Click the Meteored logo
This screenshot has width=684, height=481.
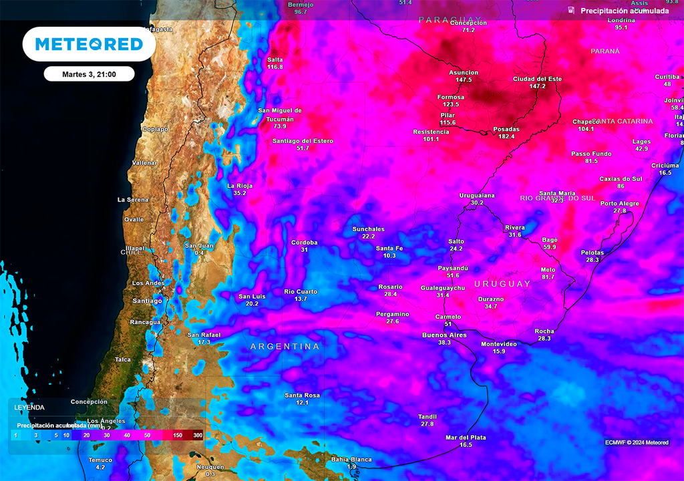[89, 44]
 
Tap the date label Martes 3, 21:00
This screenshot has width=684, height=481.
[89, 74]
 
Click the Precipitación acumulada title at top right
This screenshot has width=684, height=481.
[624, 11]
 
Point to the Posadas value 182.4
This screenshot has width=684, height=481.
[506, 136]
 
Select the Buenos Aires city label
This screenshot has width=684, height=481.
[444, 335]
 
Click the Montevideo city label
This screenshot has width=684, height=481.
[498, 344]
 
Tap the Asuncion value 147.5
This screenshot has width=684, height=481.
[464, 79]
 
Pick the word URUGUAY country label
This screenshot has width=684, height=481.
[502, 284]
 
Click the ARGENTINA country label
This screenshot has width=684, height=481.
[285, 347]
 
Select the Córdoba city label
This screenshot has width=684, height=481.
[304, 243]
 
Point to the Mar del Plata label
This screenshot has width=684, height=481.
[466, 438]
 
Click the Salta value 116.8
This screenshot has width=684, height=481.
[275, 67]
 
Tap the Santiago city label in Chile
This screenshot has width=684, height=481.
[147, 301]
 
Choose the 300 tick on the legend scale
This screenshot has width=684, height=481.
[198, 435]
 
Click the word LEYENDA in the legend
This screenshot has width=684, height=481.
[29, 407]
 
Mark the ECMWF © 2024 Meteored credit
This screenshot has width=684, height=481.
[636, 442]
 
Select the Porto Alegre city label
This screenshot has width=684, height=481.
[619, 203]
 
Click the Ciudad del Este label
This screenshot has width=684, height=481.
[537, 79]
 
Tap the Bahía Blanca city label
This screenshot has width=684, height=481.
[351, 459]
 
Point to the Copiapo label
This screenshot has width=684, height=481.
[155, 129]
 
